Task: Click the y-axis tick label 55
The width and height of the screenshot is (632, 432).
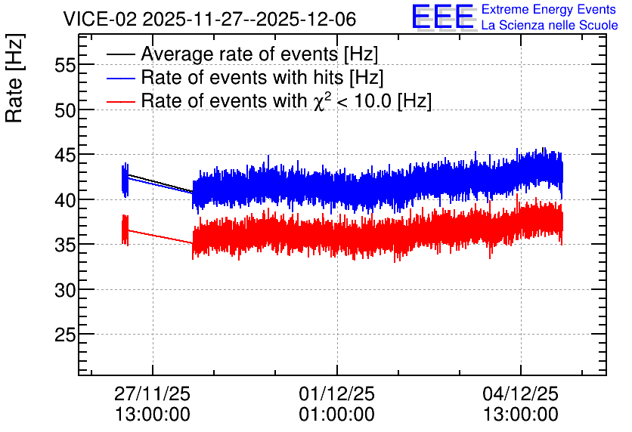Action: pos(65,65)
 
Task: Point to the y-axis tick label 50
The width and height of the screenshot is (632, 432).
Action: pos(65,110)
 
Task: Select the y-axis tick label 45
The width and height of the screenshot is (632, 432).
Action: pos(65,155)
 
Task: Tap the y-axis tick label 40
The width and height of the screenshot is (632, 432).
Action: pos(65,199)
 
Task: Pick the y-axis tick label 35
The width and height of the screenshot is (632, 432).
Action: pos(65,245)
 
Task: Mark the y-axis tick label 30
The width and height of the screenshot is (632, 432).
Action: pos(65,290)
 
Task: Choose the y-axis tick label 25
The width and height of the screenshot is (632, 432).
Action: pos(65,335)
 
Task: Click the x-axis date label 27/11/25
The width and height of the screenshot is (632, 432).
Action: pos(153,393)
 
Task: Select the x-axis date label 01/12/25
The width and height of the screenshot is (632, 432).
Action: pos(336,393)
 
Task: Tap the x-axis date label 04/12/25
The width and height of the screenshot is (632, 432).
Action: pos(520,393)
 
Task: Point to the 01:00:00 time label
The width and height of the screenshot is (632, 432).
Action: pos(336,415)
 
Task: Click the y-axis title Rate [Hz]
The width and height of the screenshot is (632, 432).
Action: pos(14,78)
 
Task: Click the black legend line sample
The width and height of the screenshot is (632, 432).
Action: pos(120,54)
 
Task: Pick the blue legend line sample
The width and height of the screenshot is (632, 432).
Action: pos(120,78)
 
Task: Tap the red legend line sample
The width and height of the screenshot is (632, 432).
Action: pos(120,101)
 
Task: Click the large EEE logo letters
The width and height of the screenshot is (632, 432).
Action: pos(442,17)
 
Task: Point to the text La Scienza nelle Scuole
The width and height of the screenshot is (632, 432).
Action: pos(550,26)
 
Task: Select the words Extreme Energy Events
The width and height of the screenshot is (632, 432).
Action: pos(549,9)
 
